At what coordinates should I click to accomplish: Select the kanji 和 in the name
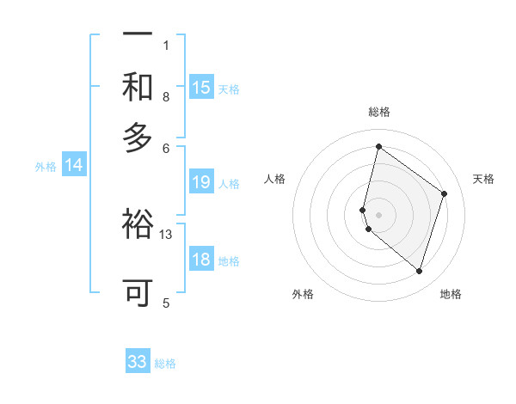[138, 87]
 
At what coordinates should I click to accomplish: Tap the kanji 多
[138, 138]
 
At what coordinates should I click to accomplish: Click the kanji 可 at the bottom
[138, 292]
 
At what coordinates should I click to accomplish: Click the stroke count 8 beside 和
[166, 97]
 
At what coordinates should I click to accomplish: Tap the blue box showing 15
[201, 87]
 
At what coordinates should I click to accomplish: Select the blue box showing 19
[201, 181]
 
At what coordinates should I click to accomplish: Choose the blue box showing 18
[201, 260]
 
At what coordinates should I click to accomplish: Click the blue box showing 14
[74, 165]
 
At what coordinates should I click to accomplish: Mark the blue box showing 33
[138, 362]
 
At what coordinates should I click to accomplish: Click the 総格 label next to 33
[165, 364]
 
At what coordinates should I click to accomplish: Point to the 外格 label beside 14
[46, 167]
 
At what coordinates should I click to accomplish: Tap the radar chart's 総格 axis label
[378, 112]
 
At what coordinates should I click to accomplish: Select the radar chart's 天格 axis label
[483, 179]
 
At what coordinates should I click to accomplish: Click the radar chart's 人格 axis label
[275, 179]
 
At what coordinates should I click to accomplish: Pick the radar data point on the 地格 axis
[419, 272]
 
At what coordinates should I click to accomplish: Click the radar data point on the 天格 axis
[445, 193]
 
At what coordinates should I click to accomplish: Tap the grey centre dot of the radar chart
[378, 214]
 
